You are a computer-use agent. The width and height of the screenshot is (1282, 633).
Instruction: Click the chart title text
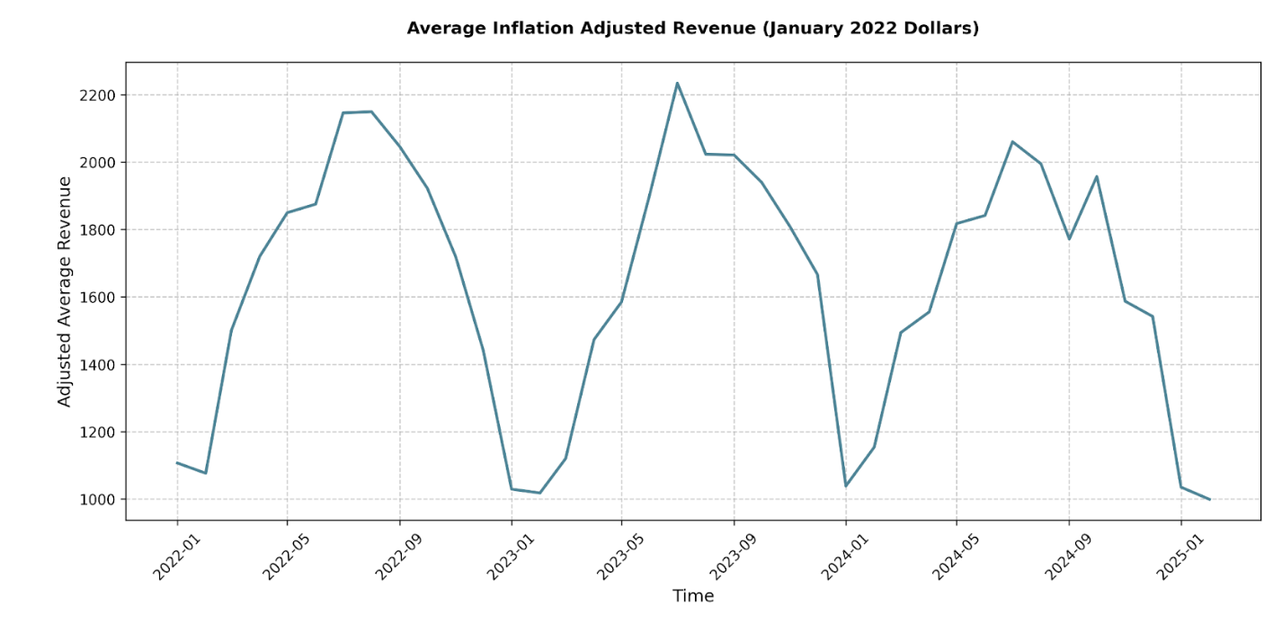coord(692,28)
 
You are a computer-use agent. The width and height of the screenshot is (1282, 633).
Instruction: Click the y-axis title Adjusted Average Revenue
coord(65,291)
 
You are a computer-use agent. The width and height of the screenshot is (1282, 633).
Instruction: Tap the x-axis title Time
coord(692,596)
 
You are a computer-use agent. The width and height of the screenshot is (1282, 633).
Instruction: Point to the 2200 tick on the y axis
coord(99,95)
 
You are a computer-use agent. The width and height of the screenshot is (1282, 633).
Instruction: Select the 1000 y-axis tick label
coord(99,499)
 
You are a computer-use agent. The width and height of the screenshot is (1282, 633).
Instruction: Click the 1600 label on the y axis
coord(99,297)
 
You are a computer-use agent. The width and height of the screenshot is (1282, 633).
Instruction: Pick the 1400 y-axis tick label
coord(99,364)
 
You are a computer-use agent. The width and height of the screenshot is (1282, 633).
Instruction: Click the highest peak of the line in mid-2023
coord(677,84)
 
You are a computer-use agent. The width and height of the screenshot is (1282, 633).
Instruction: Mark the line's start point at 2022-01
coord(177,463)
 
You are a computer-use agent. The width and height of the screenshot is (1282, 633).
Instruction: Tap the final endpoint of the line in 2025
coord(1209,499)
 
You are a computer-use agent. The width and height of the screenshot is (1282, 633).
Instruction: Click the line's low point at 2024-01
coord(845,486)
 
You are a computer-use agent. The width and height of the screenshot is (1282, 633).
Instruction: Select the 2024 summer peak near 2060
coord(1012,141)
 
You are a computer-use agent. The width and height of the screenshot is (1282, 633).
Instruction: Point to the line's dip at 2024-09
coord(1069,238)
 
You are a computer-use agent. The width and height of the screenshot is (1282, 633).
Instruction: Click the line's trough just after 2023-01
coord(539,493)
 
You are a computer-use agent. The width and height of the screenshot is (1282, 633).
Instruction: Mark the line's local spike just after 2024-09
coord(1097,176)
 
